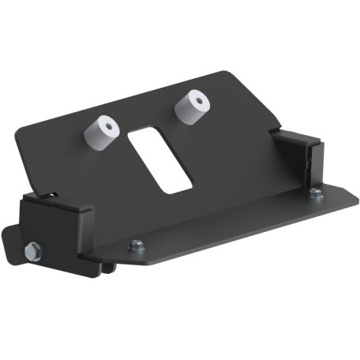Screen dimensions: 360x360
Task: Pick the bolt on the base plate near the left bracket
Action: click(x=137, y=246)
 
